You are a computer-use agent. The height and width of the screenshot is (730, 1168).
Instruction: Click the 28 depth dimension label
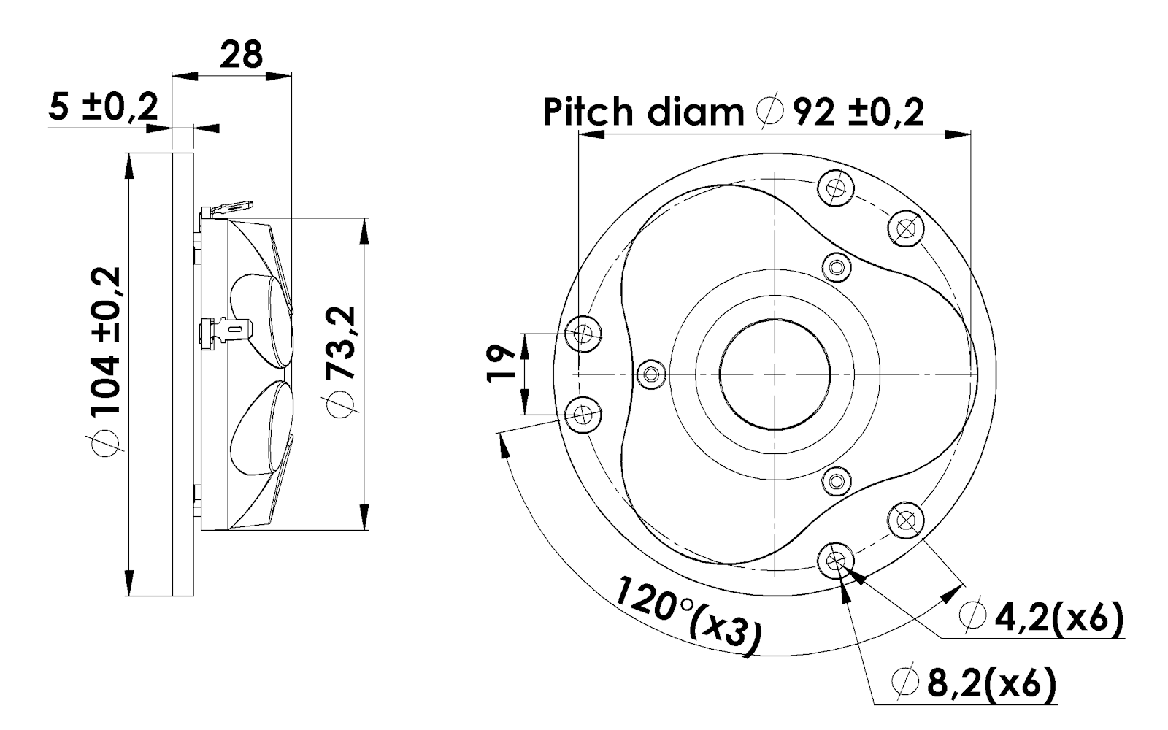[242, 55]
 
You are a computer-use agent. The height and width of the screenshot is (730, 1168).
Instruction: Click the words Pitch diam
[642, 112]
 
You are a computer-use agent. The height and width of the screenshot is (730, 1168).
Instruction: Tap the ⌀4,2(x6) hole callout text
[1042, 618]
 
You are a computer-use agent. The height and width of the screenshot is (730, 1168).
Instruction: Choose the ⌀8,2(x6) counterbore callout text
[974, 684]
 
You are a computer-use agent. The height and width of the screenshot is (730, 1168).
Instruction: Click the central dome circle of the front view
[775, 374]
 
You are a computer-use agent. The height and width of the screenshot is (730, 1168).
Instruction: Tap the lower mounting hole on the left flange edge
[583, 415]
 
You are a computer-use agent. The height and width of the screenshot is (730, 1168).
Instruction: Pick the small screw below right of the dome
[837, 480]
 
